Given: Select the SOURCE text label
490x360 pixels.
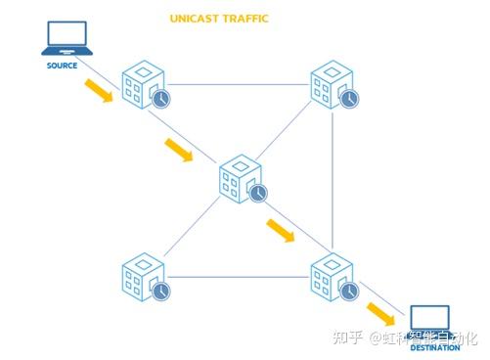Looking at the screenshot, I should coord(62,66).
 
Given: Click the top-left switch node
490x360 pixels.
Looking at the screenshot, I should coord(143,84).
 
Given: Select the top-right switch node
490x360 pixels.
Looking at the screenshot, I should coord(332,84).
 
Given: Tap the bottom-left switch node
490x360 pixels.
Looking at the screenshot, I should coord(143,276).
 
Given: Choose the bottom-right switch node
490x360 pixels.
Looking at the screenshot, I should coord(332,276).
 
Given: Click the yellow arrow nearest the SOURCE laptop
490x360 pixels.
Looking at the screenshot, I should coord(98,91).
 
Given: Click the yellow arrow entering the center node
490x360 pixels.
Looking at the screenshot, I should coord(179,151).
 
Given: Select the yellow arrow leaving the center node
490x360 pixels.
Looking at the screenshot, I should coord(281,230).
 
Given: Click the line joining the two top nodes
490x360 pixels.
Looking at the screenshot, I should coord(238,83).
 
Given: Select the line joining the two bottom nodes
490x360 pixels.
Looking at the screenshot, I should coord(238,277).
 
